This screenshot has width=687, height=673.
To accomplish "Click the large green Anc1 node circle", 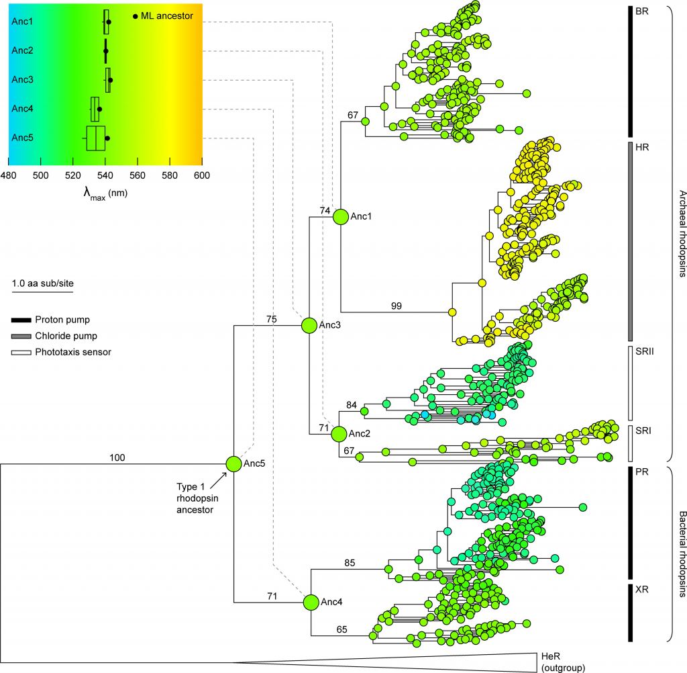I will [340, 217].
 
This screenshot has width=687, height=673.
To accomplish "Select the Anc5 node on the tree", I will [233, 463].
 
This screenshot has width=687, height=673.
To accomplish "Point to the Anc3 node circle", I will [309, 325].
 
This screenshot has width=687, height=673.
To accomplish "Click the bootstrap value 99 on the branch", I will [397, 306].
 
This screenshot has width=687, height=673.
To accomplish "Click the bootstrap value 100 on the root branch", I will [118, 457].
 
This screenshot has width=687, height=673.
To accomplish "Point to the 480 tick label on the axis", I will [8, 177].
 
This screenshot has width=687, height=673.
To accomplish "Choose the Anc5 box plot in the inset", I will [96, 138].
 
